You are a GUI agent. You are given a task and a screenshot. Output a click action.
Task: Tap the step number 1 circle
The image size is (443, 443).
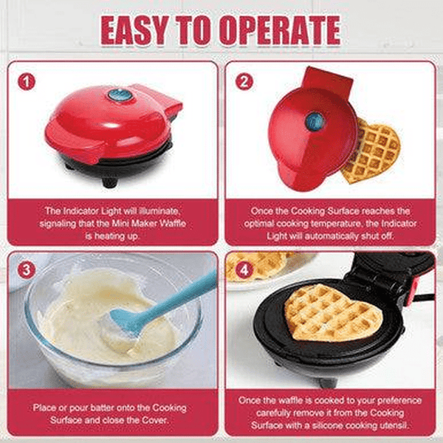click(27, 82)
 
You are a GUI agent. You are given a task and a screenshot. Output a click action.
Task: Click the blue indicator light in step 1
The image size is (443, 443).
click(116, 95)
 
